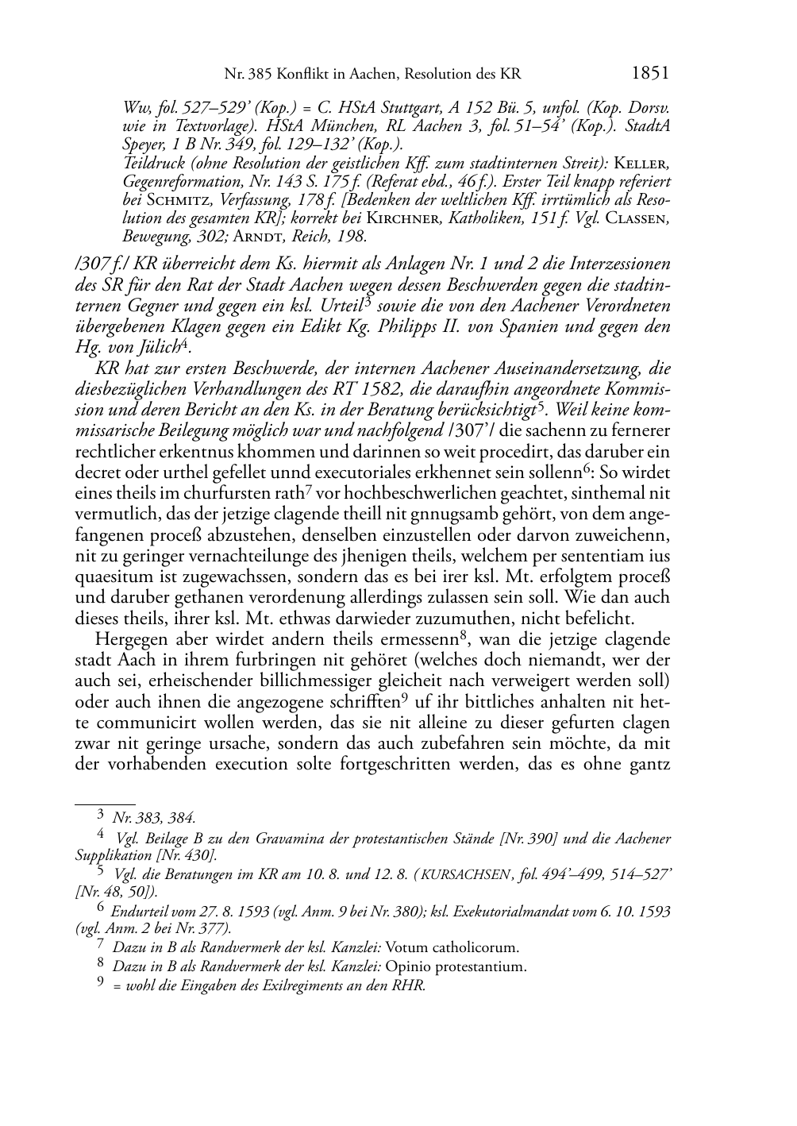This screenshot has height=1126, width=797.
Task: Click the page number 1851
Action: pos(650,74)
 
